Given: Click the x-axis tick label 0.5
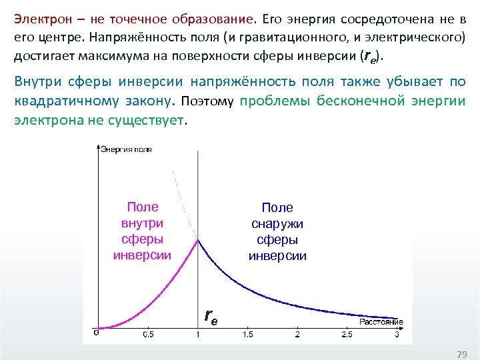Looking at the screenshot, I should coord(147,334).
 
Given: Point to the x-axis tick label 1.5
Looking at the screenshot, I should coord(247,334).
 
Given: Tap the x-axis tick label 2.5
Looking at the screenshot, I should coord(347,334).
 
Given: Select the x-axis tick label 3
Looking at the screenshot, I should coord(397,334).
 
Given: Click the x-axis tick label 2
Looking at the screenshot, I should coord(297,334).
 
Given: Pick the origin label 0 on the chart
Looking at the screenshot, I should coord(95,331).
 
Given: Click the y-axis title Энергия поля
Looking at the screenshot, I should coord(127,149).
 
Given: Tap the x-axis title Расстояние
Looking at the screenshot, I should coord(381,322).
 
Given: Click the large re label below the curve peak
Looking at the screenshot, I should coord(210,315).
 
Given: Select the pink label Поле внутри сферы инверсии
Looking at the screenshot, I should coord(142,231).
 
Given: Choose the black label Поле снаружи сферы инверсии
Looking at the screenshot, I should coord(277,232).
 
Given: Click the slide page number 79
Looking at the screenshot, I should coord(461,353).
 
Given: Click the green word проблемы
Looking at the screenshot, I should coord(270,102).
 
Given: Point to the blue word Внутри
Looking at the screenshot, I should coord(39,82).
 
